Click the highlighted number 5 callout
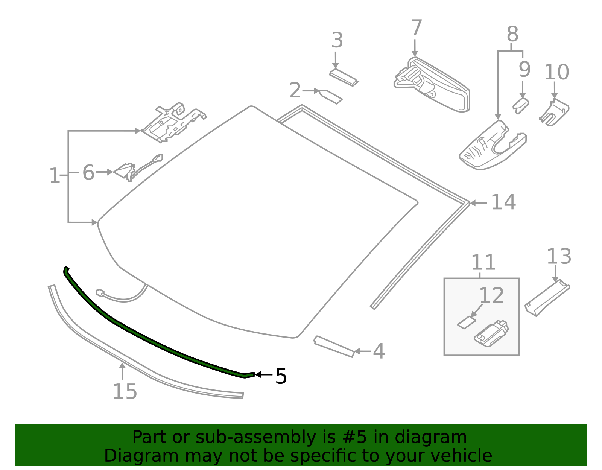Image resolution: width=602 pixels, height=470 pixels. click(281, 376)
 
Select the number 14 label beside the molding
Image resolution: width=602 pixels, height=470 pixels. click(503, 202)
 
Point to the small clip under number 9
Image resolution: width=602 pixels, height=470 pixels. click(521, 105)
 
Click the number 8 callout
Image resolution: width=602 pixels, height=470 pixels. click(512, 34)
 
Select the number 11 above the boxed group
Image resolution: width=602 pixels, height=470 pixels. click(483, 262)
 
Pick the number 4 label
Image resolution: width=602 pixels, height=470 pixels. click(379, 351)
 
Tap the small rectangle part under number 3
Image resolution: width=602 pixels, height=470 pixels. click(344, 78)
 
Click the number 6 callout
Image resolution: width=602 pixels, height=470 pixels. click(88, 173)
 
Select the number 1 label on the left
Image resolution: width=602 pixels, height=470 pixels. click(55, 176)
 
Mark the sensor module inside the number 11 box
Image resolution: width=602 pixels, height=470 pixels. click(491, 333)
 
